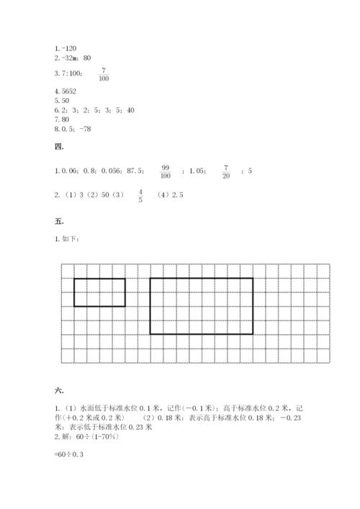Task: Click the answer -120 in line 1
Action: (x=70, y=48)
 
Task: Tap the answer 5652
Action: (x=69, y=92)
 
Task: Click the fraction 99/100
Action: (x=165, y=171)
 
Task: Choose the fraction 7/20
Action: (x=226, y=171)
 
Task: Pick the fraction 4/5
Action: (x=140, y=196)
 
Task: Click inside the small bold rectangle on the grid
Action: (x=99, y=292)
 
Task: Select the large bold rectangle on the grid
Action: (x=201, y=306)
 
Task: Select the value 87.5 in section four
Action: (x=135, y=171)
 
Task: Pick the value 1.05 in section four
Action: (x=197, y=171)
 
